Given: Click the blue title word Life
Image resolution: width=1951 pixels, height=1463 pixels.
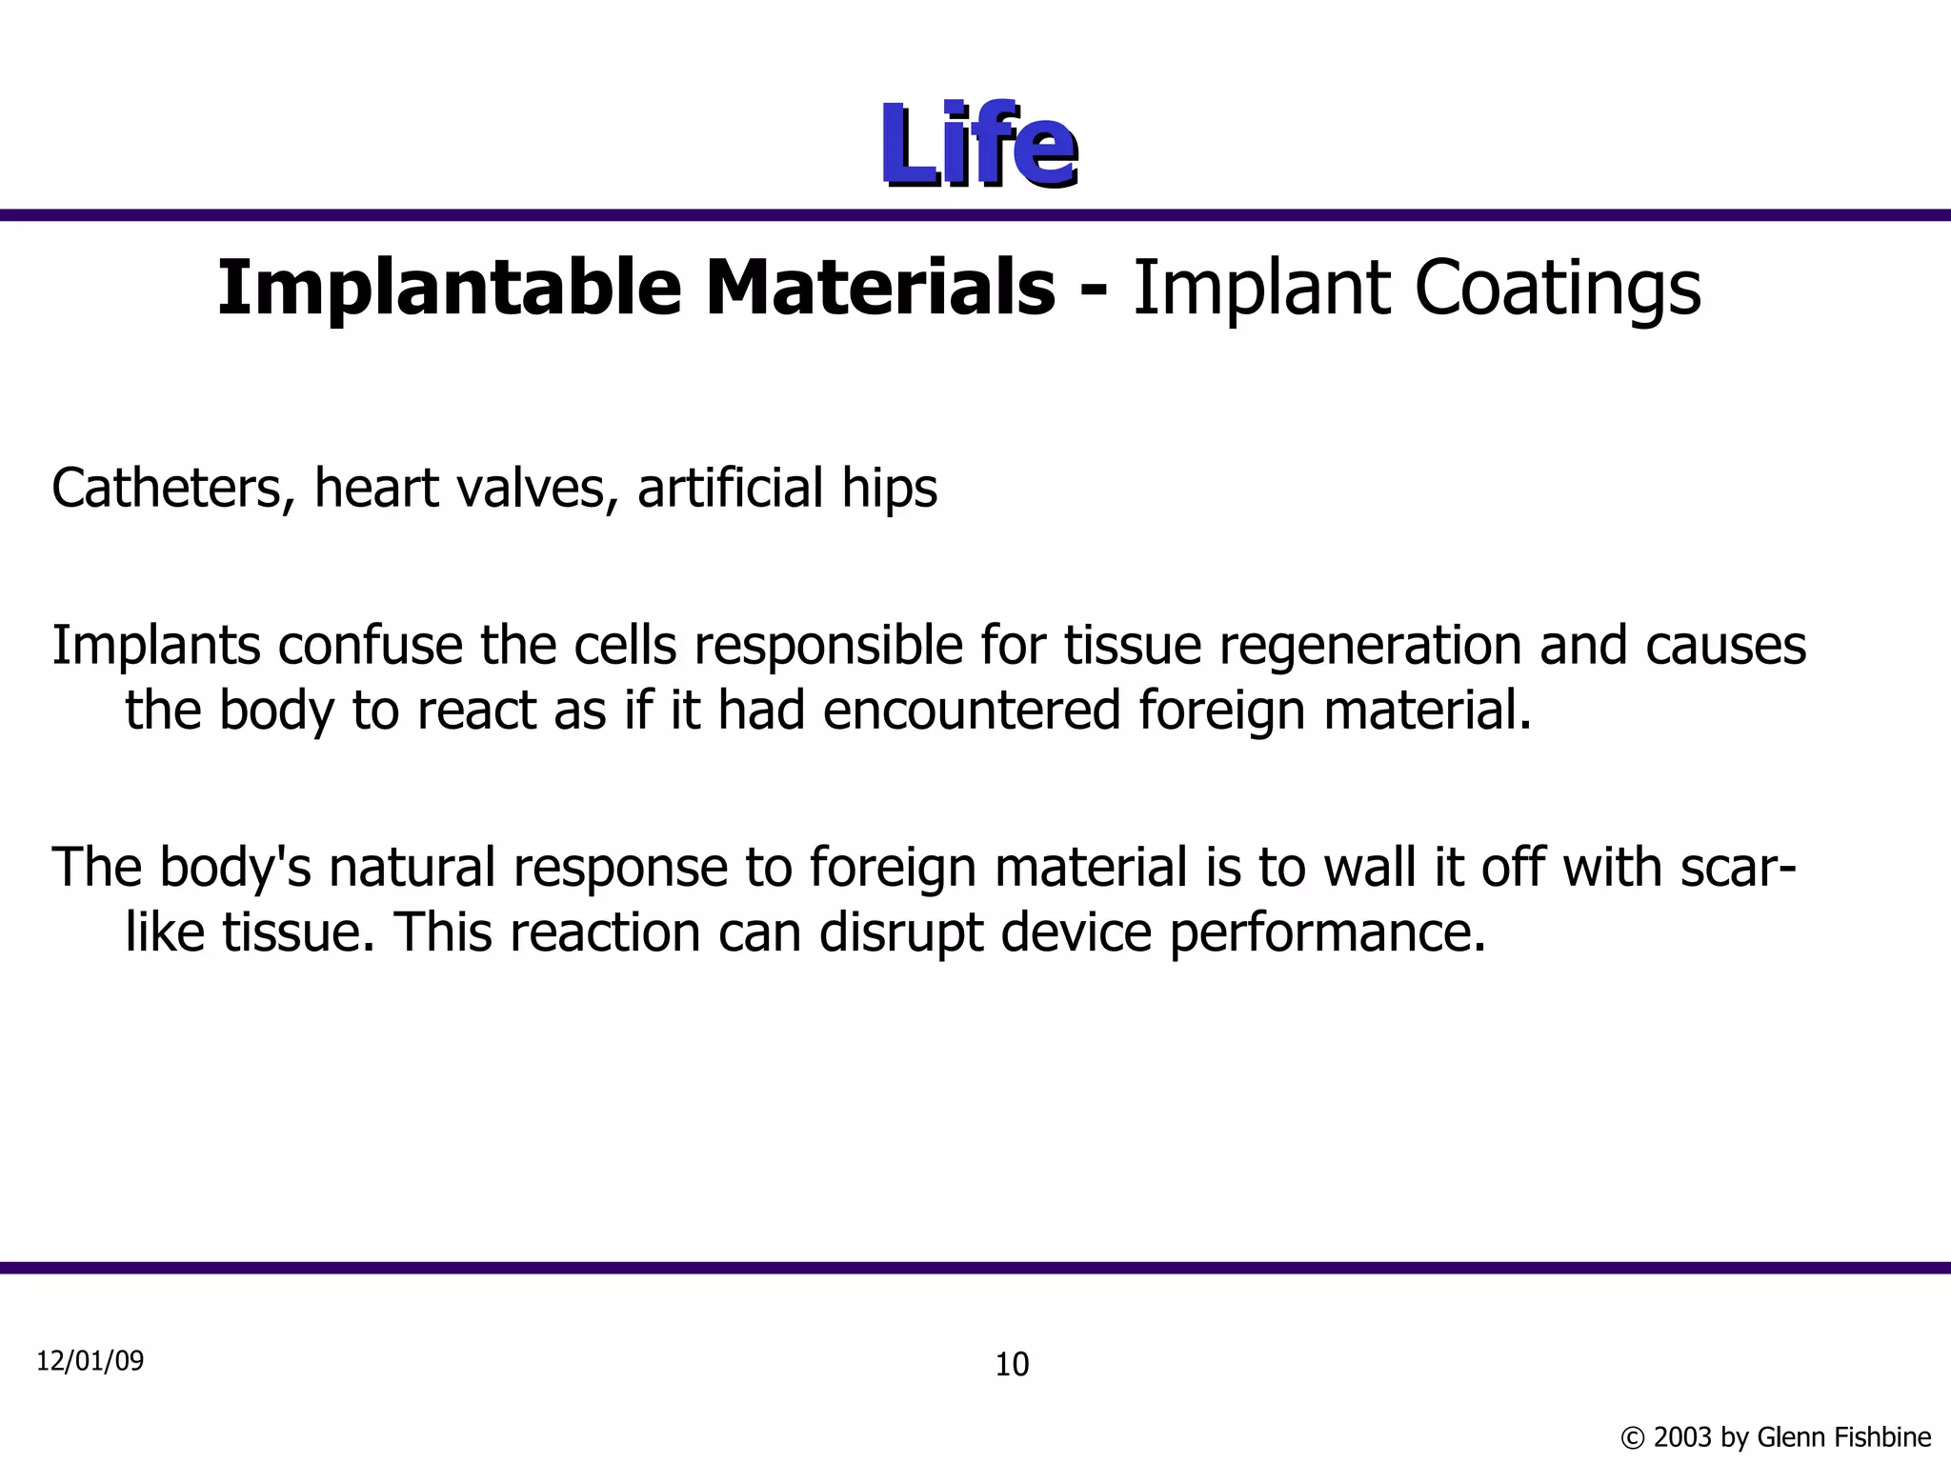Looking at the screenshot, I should [x=978, y=146].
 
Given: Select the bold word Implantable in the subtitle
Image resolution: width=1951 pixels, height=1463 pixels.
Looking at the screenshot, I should [x=449, y=288].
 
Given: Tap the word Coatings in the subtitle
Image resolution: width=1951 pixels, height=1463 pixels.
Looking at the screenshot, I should [x=1558, y=288].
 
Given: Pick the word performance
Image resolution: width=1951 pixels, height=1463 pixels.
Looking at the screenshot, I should [x=1327, y=932].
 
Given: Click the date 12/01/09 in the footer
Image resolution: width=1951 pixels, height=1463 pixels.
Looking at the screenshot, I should [x=91, y=1361].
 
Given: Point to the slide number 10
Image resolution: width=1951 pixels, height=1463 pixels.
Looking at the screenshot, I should [x=1012, y=1365].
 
